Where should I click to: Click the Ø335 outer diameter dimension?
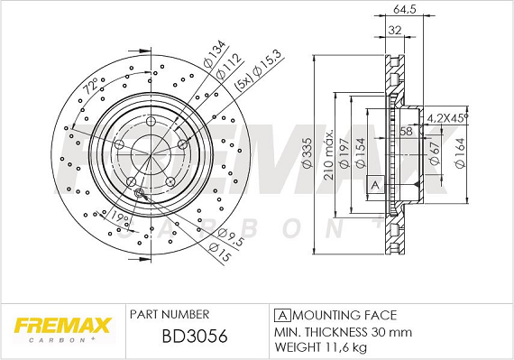(x=307, y=153)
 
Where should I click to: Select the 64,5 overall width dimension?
(x=405, y=10)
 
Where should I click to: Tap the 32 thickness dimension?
(x=395, y=30)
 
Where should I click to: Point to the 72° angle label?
(x=90, y=86)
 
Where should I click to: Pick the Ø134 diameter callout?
(x=215, y=53)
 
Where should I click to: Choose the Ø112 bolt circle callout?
(x=229, y=66)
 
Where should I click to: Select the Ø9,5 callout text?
(x=231, y=236)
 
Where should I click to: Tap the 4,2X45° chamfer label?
(x=447, y=118)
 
